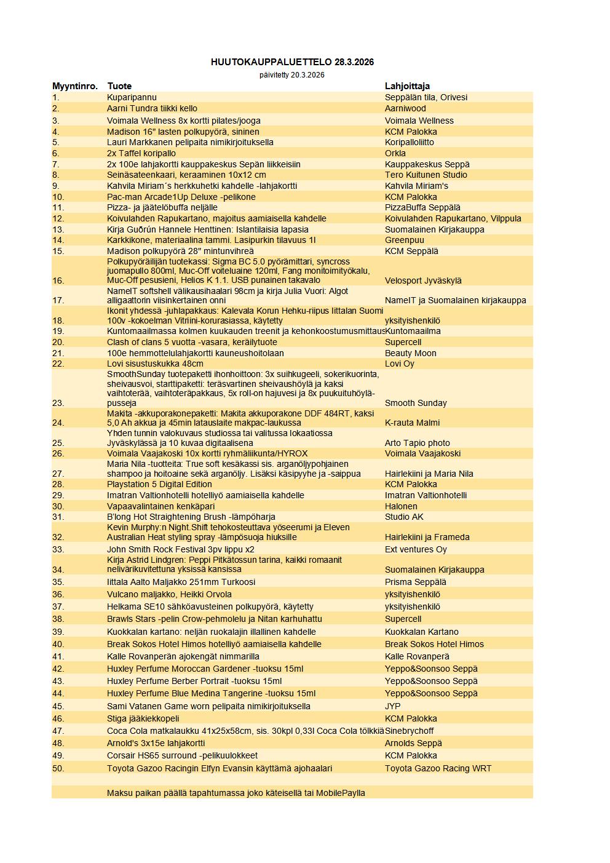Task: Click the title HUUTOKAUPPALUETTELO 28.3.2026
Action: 292,62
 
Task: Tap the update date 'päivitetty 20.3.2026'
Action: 292,75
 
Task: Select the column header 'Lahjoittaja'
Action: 407,86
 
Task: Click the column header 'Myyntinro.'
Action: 75,86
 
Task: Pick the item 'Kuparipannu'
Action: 132,97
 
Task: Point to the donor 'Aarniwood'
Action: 405,108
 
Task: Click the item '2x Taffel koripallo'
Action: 141,153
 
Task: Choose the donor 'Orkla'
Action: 395,153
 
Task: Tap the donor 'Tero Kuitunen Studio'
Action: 426,175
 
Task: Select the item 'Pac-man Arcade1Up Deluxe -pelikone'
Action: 181,197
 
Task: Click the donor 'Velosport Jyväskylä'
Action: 423,280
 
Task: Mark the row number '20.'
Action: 58,342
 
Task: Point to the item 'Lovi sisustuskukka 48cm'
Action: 155,364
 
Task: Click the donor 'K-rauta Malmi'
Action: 412,423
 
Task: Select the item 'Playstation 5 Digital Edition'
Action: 160,484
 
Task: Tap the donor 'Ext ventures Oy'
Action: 416,549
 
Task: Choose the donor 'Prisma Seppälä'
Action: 416,582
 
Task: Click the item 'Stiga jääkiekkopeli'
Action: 143,718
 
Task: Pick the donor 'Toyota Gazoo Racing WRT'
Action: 438,768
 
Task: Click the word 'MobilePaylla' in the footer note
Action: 341,793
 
